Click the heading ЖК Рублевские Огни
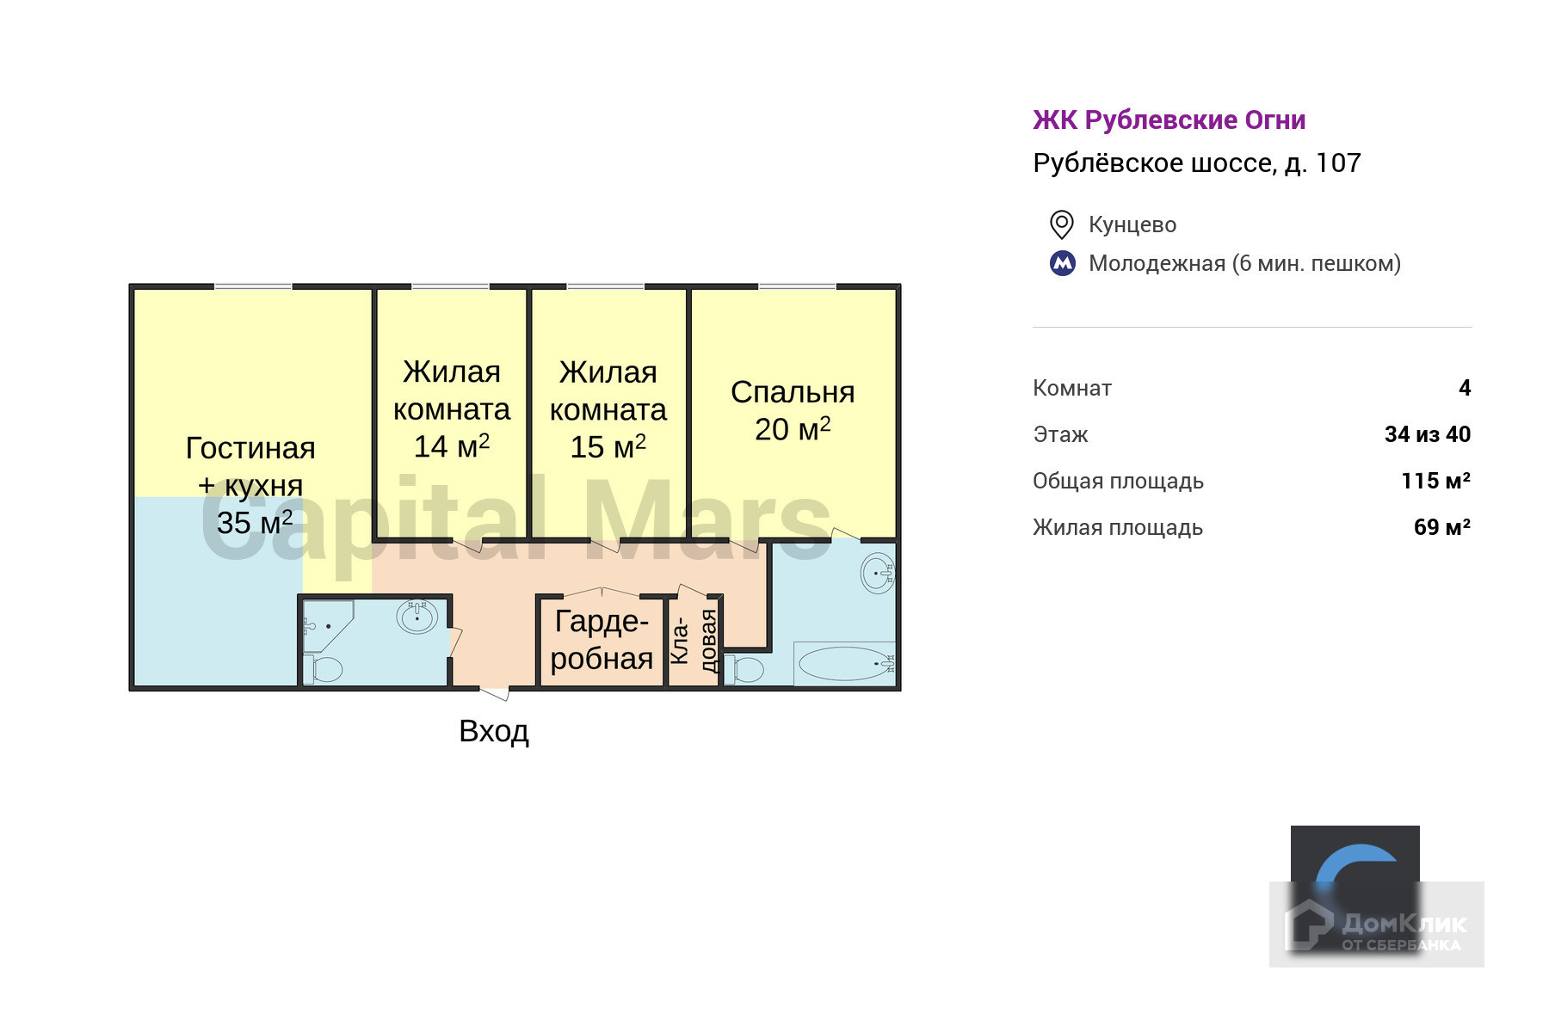[1169, 120]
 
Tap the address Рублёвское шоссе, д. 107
[1196, 163]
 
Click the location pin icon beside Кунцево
[1061, 224]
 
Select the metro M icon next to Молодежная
[1063, 263]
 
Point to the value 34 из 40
[1427, 434]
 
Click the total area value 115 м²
[1435, 481]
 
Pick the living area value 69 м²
[1441, 527]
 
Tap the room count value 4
[1465, 388]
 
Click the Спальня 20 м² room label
[793, 410]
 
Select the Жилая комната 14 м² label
[452, 409]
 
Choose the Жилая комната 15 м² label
[608, 409]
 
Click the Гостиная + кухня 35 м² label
[251, 485]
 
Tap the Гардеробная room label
[602, 639]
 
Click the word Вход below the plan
[494, 731]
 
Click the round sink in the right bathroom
[878, 573]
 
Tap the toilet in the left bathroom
[326, 669]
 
